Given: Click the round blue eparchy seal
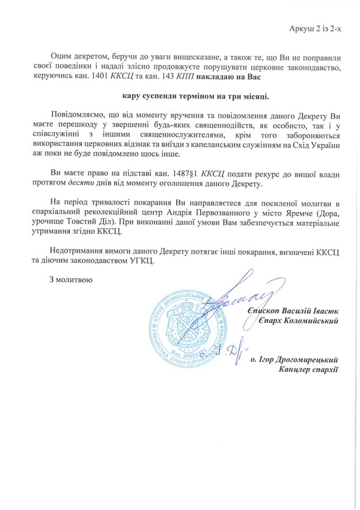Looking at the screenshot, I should click(184, 325).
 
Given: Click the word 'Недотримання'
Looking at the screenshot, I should click(76, 250).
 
